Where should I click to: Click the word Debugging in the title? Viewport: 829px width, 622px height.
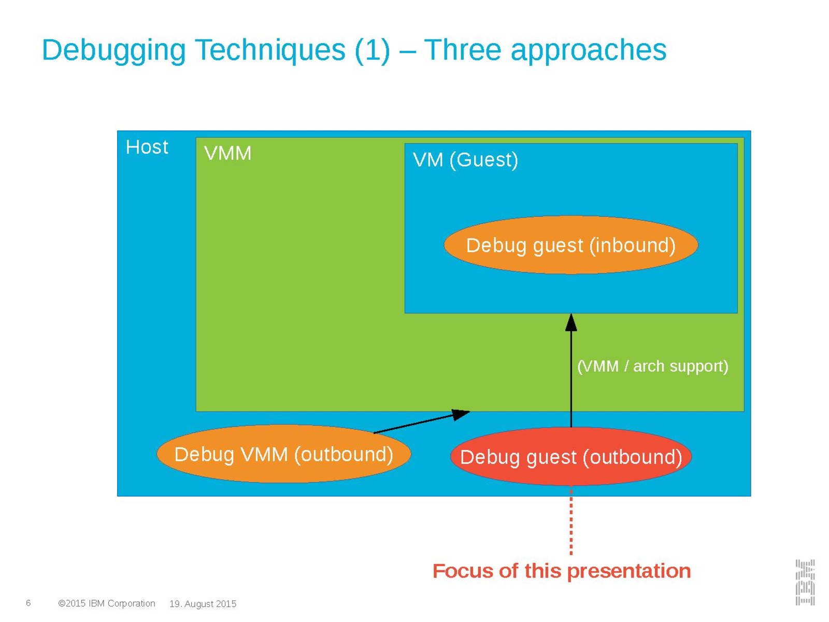[113, 50]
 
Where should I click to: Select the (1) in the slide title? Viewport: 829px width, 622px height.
[372, 50]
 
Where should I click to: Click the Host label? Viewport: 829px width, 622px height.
[147, 147]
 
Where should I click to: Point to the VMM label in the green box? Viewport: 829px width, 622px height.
[227, 153]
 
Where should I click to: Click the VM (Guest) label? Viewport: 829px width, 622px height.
[465, 160]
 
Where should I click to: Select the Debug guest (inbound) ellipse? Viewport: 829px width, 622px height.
[570, 245]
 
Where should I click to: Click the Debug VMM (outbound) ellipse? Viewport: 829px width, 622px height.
[283, 455]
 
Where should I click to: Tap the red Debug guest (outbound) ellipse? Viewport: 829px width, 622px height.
[570, 457]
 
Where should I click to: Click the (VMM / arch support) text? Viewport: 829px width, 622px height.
[652, 366]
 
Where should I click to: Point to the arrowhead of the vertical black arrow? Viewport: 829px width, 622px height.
[571, 322]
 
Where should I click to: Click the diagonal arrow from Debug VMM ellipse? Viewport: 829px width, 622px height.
[420, 422]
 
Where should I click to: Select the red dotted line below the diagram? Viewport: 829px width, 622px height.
[571, 521]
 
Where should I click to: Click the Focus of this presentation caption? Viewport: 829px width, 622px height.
[561, 571]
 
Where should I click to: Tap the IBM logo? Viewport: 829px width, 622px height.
[805, 582]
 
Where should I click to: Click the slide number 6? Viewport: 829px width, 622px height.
[28, 603]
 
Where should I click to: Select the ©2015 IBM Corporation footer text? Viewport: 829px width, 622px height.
[107, 603]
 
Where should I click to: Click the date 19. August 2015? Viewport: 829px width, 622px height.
[203, 604]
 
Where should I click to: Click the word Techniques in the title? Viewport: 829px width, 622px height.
[270, 50]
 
